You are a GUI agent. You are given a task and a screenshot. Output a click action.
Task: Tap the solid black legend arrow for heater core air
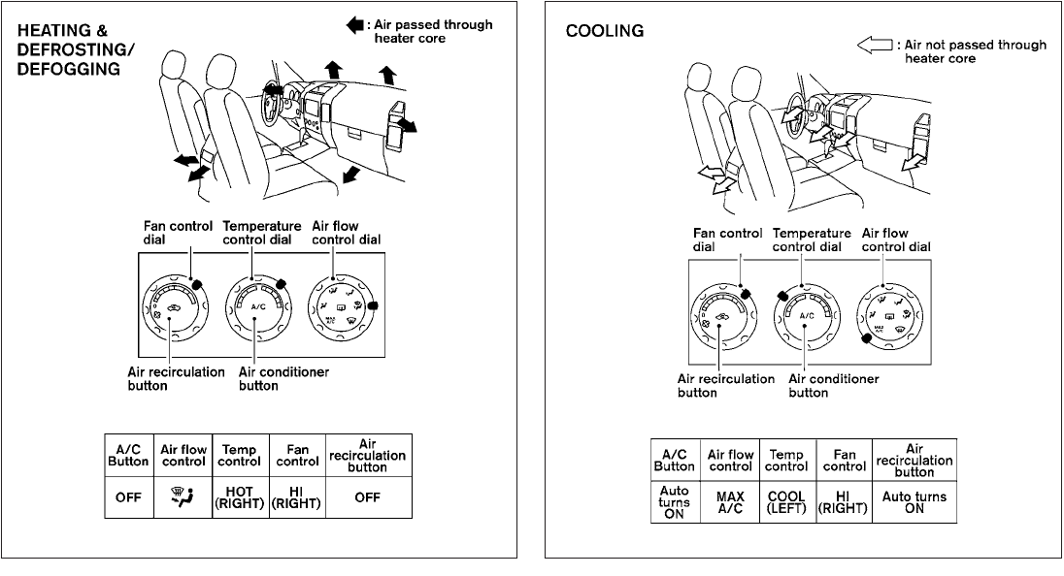(353, 26)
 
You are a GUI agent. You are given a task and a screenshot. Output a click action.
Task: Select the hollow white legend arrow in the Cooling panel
(874, 45)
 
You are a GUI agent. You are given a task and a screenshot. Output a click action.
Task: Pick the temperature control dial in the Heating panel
(257, 308)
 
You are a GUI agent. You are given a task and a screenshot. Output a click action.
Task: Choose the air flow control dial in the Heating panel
(341, 309)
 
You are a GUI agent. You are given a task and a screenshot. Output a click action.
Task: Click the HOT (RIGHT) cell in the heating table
(238, 498)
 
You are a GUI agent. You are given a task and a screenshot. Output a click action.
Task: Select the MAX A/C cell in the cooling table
(731, 503)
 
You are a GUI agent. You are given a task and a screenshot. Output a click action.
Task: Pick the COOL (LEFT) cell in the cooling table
(786, 503)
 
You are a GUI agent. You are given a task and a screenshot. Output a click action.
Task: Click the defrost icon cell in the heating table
(183, 498)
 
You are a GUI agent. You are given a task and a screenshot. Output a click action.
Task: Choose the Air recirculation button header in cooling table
(914, 460)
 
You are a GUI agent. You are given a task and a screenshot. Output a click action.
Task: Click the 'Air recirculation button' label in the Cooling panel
(725, 385)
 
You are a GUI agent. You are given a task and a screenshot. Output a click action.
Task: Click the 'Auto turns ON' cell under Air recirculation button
(914, 503)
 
